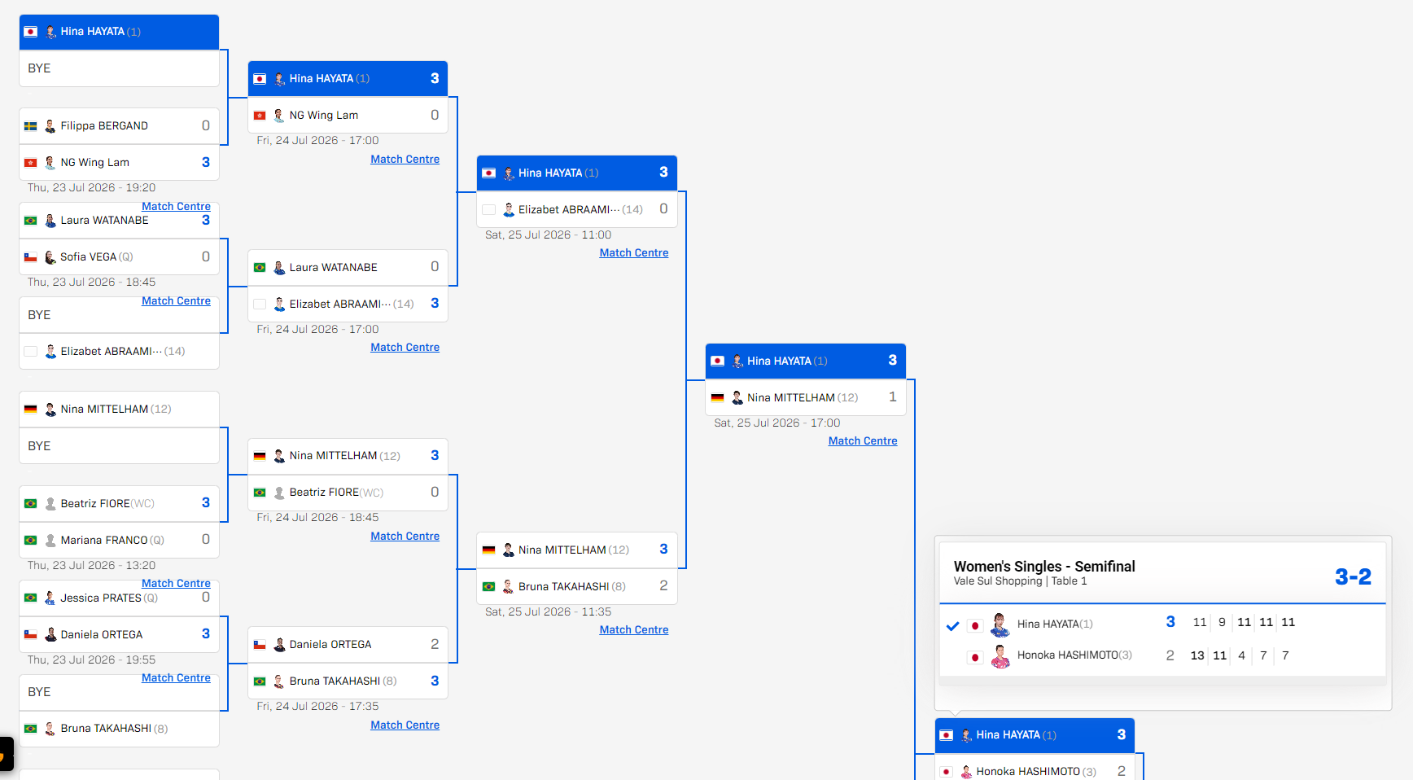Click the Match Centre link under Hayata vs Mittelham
[863, 440]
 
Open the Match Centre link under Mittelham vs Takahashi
[634, 629]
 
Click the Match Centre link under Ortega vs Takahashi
[405, 725]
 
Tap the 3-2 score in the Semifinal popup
[1353, 576]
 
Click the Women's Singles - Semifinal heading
[1044, 566]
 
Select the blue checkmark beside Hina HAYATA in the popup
[953, 626]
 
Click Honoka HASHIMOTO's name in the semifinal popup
[1074, 655]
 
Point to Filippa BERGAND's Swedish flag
[31, 126]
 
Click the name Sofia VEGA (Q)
[97, 256]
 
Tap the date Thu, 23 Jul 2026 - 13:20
[91, 565]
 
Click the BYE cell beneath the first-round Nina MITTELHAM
[119, 445]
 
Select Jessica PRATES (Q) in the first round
[109, 598]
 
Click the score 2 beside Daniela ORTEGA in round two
[435, 644]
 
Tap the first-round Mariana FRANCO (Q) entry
[112, 540]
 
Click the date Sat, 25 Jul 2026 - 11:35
[548, 611]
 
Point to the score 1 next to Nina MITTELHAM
[893, 397]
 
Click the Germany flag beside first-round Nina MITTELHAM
[31, 410]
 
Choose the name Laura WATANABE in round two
[333, 267]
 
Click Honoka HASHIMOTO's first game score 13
[1197, 655]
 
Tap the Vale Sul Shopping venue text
[998, 581]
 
